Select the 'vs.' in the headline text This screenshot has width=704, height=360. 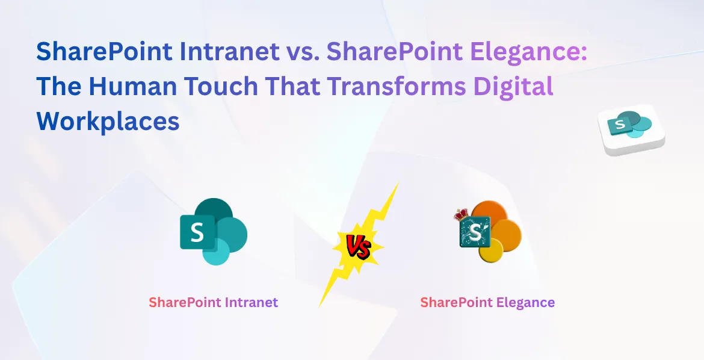[299, 52]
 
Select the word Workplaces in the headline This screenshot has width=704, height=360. [108, 122]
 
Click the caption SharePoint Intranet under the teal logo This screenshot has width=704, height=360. [214, 302]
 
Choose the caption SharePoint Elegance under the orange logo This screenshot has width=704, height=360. [487, 302]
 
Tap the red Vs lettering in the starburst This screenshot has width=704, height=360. [358, 247]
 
